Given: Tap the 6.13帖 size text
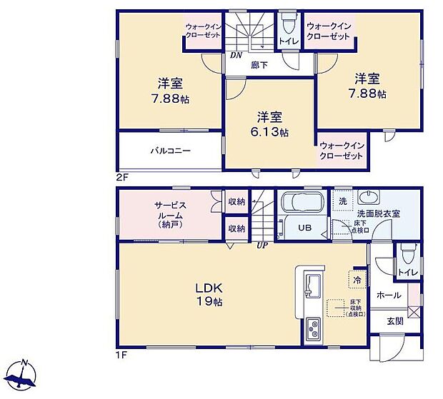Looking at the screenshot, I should pyautogui.click(x=269, y=133).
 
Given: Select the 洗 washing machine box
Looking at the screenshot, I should pyautogui.click(x=342, y=201).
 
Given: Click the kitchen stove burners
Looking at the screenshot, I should pyautogui.click(x=313, y=330).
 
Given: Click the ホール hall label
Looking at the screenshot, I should pyautogui.click(x=388, y=295).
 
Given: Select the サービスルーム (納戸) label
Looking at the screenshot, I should pyautogui.click(x=171, y=215).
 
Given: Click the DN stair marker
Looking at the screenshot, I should pyautogui.click(x=234, y=55).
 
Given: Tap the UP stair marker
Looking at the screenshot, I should pyautogui.click(x=262, y=246).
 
